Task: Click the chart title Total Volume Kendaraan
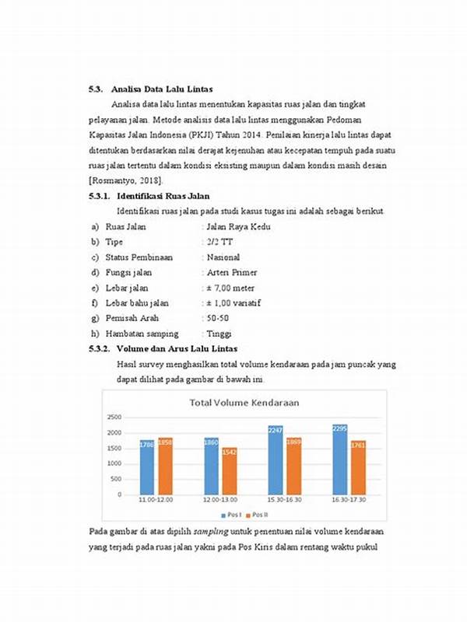pos(246,403)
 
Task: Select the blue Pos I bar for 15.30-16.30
pos(276,460)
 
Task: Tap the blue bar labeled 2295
pos(339,460)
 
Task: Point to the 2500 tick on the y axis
pos(114,418)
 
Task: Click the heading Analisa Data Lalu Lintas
pos(162,89)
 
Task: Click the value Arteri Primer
pos(231,273)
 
